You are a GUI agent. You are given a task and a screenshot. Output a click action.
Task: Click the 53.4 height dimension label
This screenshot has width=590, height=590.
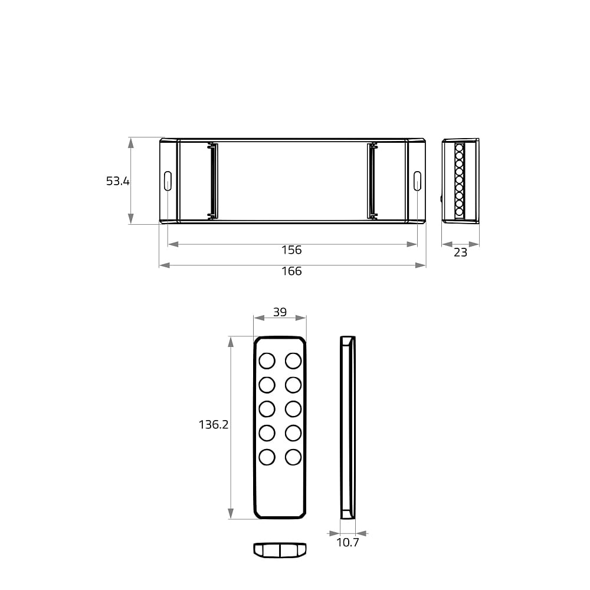pyautogui.click(x=118, y=181)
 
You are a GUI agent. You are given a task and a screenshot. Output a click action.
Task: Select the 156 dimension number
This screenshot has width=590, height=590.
pyautogui.click(x=291, y=250)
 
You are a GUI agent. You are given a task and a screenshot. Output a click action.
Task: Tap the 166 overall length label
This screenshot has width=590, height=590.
pyautogui.click(x=291, y=271)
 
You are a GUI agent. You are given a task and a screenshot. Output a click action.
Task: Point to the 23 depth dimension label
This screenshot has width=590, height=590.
pyautogui.click(x=460, y=252)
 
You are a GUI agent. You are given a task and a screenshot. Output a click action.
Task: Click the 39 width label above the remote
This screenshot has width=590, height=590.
pyautogui.click(x=280, y=312)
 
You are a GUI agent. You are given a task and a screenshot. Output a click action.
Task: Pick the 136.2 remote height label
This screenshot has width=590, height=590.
pyautogui.click(x=214, y=424)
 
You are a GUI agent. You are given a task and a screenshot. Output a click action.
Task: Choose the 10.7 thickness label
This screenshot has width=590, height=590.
pyautogui.click(x=348, y=542)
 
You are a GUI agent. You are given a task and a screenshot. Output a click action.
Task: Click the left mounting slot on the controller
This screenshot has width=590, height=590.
pyautogui.click(x=168, y=181)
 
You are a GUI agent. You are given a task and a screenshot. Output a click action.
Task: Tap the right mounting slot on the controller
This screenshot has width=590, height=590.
pyautogui.click(x=417, y=181)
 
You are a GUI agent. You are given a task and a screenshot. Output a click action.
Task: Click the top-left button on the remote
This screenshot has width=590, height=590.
pyautogui.click(x=267, y=361)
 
